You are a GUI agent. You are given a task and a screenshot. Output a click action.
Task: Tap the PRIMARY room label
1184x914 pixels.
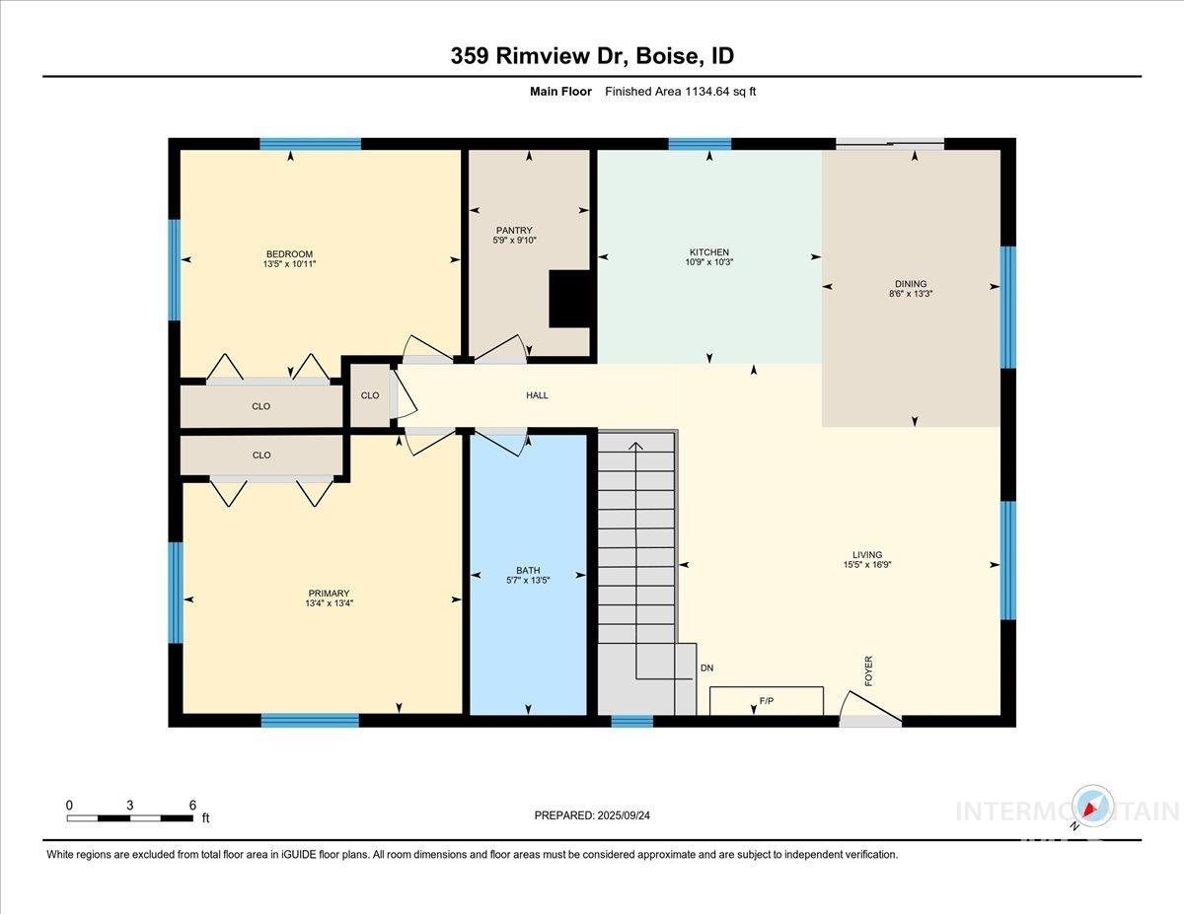[329, 594]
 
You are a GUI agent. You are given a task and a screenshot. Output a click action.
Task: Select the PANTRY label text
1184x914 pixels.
[514, 231]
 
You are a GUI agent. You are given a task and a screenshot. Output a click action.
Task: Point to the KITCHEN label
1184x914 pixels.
[709, 252]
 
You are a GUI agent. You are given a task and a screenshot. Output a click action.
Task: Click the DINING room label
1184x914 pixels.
[911, 284]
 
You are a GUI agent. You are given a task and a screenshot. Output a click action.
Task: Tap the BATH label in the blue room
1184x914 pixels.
[528, 570]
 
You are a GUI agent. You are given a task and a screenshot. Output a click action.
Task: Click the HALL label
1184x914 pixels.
[537, 395]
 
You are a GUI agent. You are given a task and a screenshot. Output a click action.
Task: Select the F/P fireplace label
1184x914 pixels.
[766, 701]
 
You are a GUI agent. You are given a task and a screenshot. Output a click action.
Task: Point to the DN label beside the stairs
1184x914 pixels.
[706, 668]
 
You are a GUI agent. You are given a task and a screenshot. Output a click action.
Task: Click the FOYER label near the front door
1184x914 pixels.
[869, 671]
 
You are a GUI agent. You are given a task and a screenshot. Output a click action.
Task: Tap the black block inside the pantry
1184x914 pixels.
[568, 298]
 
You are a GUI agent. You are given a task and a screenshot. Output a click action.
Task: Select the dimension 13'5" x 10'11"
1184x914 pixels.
[289, 264]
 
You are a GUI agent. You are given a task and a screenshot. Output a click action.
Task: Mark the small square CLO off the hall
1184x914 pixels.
[370, 395]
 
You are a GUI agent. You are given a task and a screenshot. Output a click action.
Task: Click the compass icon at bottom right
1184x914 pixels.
[1092, 808]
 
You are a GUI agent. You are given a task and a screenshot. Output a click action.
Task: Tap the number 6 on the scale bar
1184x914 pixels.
[192, 805]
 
